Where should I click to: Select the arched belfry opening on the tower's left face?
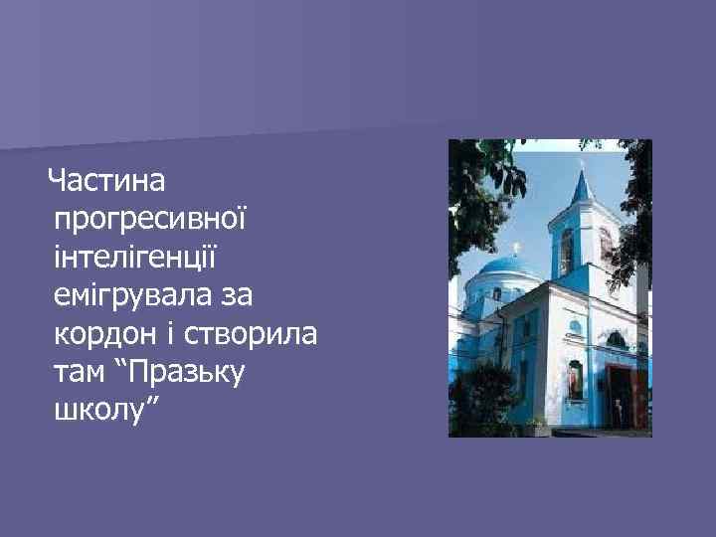pyautogui.click(x=568, y=251)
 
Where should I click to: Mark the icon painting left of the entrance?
pyautogui.click(x=574, y=379)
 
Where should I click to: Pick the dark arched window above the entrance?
pyautogui.click(x=617, y=341)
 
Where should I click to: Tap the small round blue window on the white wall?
pyautogui.click(x=575, y=327)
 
